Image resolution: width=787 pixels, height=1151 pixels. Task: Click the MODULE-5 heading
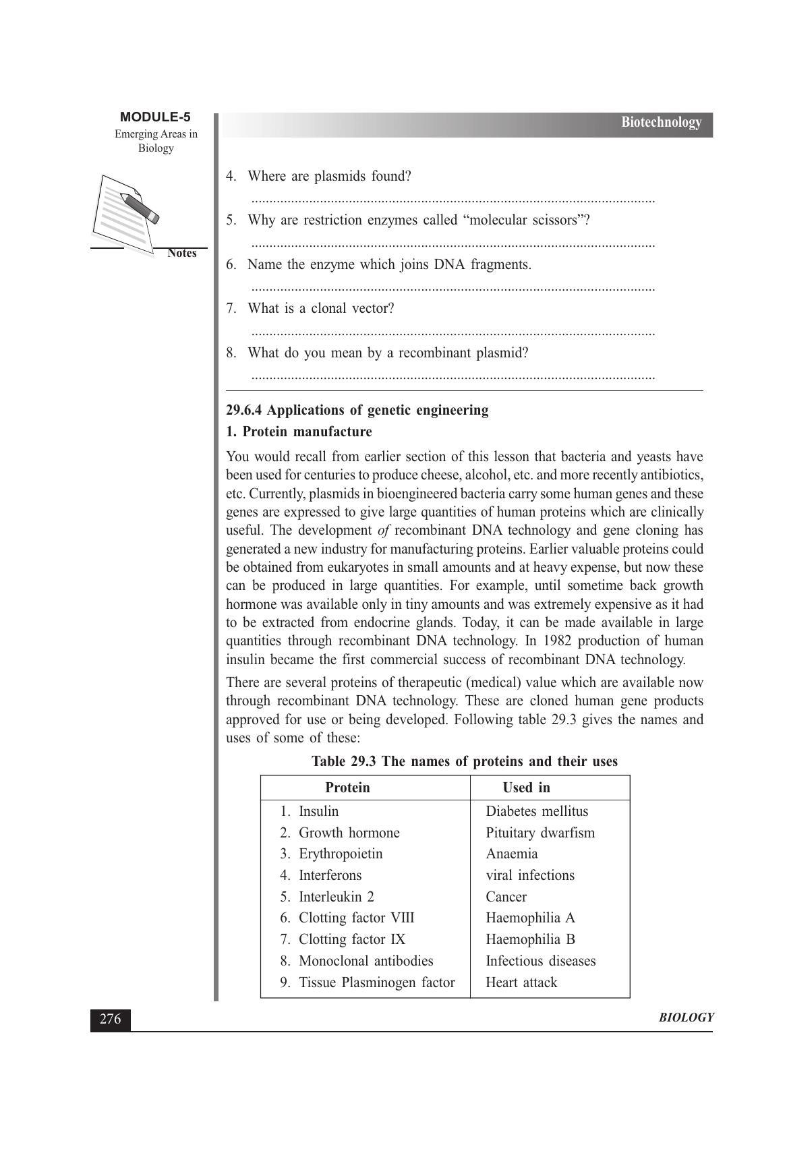coord(155,117)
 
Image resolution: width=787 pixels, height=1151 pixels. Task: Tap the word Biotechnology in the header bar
coord(661,122)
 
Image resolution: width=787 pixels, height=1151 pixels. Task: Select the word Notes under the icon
coord(181,254)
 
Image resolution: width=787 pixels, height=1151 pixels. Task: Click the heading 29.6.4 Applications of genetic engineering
coord(357,410)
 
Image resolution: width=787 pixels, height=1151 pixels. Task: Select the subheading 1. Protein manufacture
coord(299,432)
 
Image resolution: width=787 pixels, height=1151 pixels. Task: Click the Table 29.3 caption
coord(464,762)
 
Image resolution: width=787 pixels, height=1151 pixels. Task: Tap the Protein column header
coord(347,788)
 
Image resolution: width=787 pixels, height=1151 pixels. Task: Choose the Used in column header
coord(526,788)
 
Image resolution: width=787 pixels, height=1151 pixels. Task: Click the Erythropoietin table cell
coord(340,854)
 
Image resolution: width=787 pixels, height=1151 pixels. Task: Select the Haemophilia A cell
coord(530,918)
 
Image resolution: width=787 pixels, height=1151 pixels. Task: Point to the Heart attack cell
coord(521,982)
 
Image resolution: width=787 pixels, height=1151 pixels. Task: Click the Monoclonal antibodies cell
coord(366,961)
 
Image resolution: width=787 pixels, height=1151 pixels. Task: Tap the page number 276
coord(111,1019)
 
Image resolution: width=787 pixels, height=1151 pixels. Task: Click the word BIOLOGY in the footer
coord(685,1018)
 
